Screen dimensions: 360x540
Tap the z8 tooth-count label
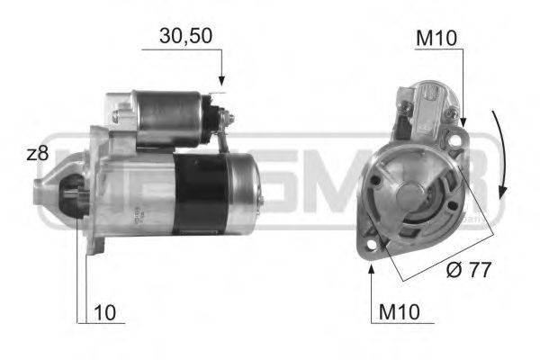click(x=37, y=154)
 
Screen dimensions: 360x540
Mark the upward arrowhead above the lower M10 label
click(x=372, y=270)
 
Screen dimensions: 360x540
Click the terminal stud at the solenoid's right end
click(x=228, y=117)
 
